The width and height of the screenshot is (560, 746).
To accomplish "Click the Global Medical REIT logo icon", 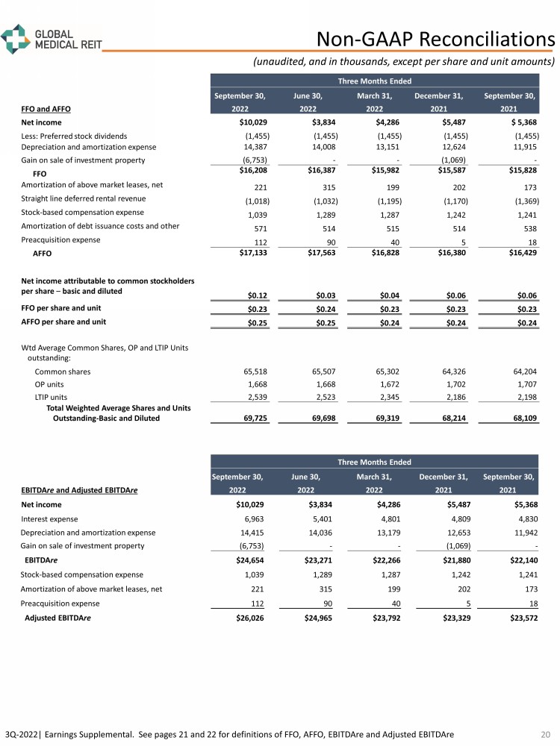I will (x=14, y=39).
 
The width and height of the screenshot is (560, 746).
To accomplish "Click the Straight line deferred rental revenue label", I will (x=83, y=198).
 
